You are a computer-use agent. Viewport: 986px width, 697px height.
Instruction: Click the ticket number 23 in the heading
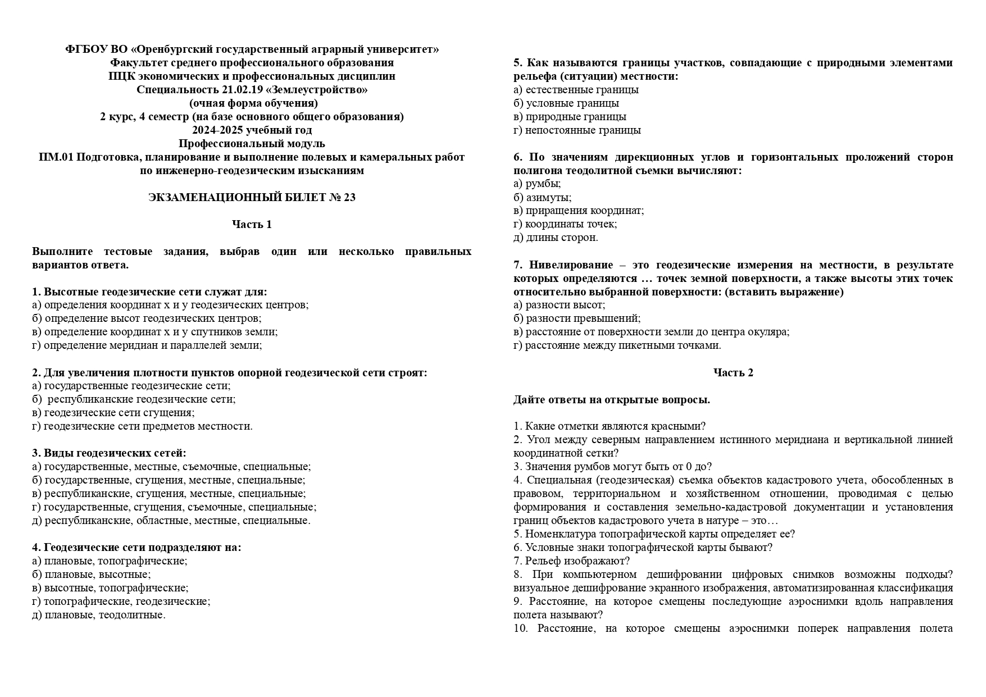pos(349,198)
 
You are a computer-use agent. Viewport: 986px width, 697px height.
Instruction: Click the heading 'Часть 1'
pos(252,225)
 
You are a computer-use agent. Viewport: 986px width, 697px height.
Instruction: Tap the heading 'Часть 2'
pos(733,373)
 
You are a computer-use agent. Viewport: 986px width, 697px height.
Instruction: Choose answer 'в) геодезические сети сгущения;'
pos(113,413)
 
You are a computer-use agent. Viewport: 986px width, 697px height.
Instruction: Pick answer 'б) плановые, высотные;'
pos(92,575)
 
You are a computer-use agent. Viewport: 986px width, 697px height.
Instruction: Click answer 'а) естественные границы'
pos(576,90)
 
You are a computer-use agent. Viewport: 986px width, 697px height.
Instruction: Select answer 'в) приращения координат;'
pos(579,211)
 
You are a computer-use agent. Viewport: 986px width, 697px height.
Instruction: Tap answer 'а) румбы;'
pos(537,184)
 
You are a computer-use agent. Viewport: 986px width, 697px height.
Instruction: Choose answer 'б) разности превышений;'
pos(577,318)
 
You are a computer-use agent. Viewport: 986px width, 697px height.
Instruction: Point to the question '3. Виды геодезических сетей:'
pos(109,453)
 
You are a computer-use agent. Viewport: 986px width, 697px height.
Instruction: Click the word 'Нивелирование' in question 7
pos(571,265)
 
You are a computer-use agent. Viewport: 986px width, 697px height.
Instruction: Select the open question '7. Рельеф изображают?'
pos(571,561)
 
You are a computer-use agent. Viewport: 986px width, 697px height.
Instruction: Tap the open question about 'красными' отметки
pos(610,426)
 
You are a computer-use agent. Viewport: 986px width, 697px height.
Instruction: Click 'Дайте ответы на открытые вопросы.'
pos(611,400)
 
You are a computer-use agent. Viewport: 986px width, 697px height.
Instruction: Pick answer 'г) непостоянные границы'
pos(577,130)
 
